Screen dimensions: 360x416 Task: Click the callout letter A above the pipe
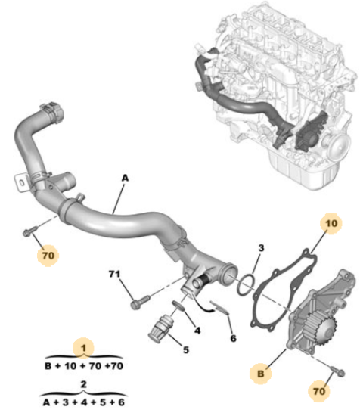point(125,178)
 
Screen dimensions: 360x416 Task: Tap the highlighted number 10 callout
point(331,223)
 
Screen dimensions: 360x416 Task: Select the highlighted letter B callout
point(261,374)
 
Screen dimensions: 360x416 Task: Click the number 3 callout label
point(262,248)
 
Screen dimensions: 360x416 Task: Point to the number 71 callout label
point(114,274)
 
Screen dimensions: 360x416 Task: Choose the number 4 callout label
point(197,331)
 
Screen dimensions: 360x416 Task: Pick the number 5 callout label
point(186,349)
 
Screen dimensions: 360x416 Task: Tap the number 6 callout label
point(233,338)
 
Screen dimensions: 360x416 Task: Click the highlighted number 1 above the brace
point(83,348)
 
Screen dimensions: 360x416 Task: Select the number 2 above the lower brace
point(83,384)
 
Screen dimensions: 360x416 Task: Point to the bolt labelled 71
point(140,303)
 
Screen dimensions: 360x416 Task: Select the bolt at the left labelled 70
point(30,231)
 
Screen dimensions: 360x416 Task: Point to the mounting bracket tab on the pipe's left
point(21,182)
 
